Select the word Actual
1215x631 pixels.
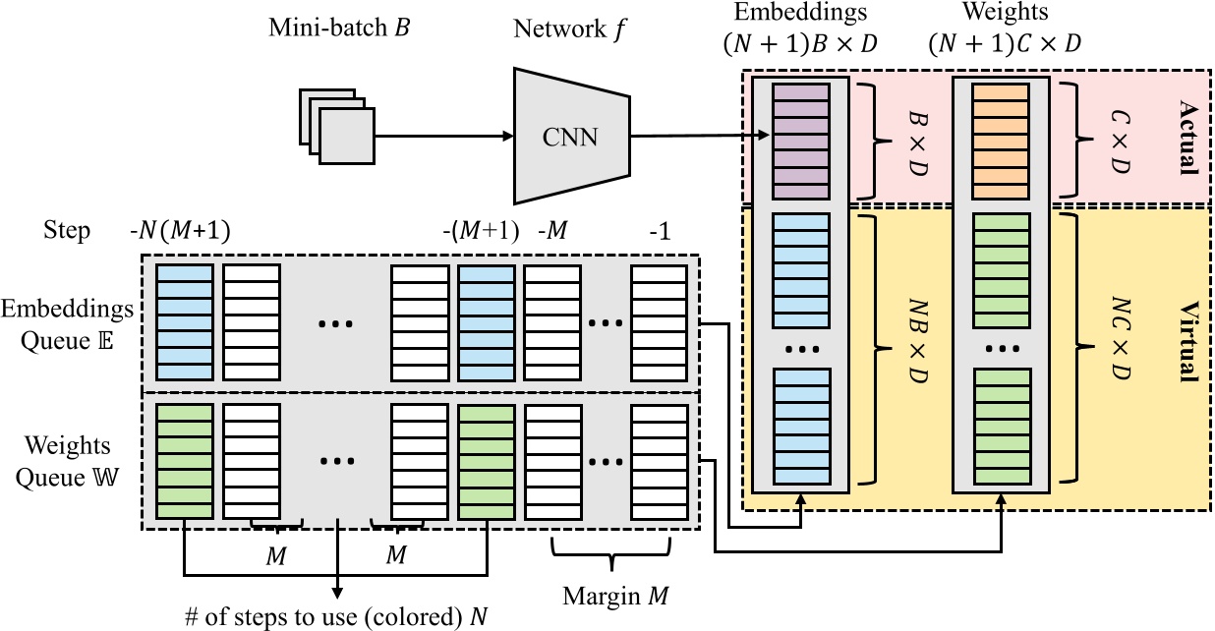[1186, 137]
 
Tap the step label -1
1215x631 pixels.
[658, 231]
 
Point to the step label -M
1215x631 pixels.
[554, 231]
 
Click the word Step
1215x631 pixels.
[66, 231]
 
